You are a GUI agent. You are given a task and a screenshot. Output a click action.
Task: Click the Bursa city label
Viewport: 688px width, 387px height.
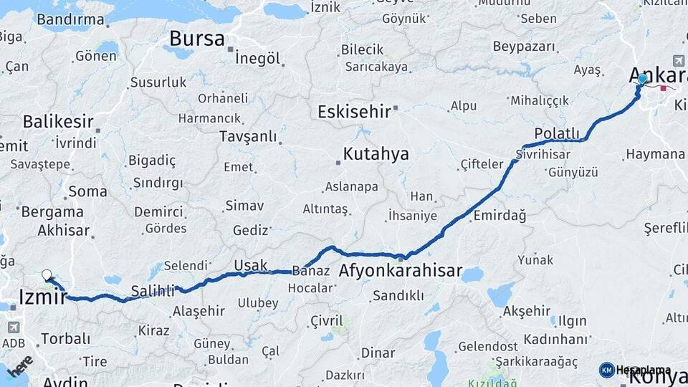click(x=196, y=39)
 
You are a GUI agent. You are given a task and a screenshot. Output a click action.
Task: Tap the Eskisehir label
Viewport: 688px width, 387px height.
click(x=354, y=111)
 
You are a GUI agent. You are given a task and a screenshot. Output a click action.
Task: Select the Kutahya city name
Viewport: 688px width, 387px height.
click(x=376, y=154)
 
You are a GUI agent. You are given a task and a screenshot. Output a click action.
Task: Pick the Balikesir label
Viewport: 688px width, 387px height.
click(x=58, y=121)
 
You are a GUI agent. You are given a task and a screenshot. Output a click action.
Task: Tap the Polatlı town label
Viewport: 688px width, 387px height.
click(x=556, y=133)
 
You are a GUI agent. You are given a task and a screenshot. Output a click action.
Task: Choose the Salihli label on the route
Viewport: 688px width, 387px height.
click(x=153, y=291)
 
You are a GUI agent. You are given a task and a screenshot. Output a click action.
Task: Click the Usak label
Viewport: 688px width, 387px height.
click(x=250, y=265)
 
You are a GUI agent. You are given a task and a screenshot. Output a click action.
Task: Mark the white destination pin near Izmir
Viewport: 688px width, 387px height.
click(x=47, y=274)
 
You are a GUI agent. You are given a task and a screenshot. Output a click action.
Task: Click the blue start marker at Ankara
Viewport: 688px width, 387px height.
click(x=642, y=80)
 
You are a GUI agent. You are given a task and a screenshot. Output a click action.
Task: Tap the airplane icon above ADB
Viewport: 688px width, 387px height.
click(x=13, y=327)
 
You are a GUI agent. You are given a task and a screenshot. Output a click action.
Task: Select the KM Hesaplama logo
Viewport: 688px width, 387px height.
click(x=635, y=370)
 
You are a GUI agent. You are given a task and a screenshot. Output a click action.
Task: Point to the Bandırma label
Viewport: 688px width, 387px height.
click(x=70, y=19)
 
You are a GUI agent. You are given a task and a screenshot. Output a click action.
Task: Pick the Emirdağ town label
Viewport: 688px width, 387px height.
click(x=499, y=215)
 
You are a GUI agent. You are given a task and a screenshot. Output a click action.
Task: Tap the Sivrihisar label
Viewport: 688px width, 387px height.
click(x=543, y=154)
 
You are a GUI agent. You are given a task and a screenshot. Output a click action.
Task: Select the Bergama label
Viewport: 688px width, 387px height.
click(x=52, y=212)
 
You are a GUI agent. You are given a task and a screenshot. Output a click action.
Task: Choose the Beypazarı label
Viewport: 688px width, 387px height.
click(x=524, y=47)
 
